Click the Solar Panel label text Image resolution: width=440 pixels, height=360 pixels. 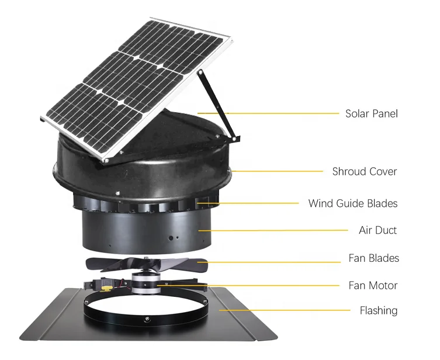(x=371, y=113)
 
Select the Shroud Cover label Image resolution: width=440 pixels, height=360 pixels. (x=364, y=171)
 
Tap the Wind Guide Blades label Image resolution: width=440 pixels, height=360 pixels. (x=352, y=203)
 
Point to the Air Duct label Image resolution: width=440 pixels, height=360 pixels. (x=377, y=230)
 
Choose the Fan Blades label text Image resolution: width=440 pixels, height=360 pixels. (x=373, y=258)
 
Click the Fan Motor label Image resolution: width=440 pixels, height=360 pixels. (x=372, y=286)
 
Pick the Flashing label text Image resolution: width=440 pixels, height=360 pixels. (x=378, y=311)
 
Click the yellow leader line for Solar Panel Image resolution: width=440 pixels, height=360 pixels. (x=275, y=113)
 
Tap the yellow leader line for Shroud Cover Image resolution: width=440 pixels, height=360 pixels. (x=275, y=171)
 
